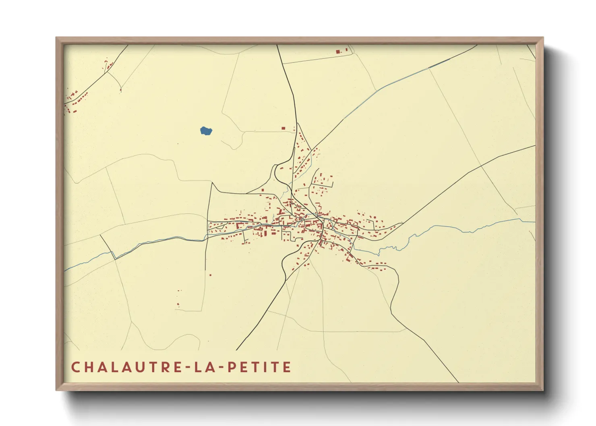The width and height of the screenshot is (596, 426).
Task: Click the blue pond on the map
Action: (x=206, y=130)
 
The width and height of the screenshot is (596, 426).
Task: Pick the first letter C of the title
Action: (x=75, y=367)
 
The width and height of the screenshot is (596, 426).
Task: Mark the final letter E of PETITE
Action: (x=287, y=367)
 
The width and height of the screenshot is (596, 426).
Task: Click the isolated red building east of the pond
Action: (x=283, y=128)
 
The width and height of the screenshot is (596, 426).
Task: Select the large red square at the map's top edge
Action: (x=338, y=52)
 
